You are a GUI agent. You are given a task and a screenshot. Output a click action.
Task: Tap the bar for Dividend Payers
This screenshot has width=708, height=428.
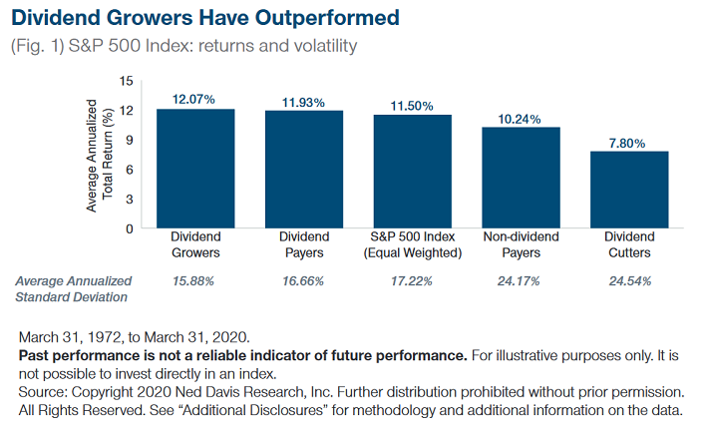tap(303, 169)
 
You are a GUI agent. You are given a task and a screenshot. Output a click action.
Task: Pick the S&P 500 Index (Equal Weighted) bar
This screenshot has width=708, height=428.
tap(412, 171)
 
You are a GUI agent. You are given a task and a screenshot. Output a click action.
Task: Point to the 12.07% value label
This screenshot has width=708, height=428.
tap(194, 99)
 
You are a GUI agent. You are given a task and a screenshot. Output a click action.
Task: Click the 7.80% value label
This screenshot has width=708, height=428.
tap(629, 141)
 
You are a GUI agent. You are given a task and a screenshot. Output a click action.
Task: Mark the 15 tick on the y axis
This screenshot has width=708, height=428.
tap(125, 80)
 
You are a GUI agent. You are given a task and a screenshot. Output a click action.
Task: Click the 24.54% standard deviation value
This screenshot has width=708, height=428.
tap(629, 281)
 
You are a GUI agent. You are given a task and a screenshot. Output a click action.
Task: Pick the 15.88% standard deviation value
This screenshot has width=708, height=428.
tap(194, 281)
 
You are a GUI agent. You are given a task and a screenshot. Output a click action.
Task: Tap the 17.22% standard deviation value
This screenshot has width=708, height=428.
tap(412, 281)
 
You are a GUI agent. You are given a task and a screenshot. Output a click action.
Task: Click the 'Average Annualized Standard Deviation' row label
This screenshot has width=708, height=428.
tap(72, 288)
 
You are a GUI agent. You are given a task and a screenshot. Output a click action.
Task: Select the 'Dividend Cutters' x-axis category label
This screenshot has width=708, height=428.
tap(629, 244)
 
